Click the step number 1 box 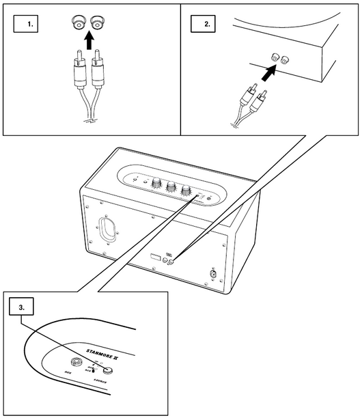click(x=28, y=25)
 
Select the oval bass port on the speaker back click(x=107, y=230)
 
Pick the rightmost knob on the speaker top click(x=185, y=191)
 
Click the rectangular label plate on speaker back click(x=156, y=258)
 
